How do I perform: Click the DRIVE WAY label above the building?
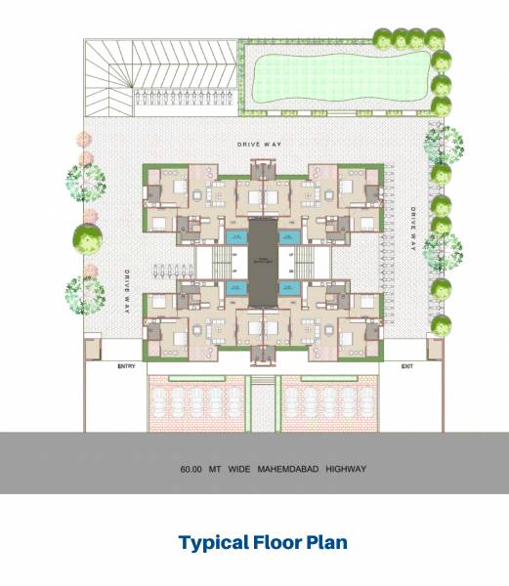259,145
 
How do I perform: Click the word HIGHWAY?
346,469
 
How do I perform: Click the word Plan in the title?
329,541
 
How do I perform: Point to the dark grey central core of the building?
261,259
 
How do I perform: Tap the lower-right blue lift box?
289,288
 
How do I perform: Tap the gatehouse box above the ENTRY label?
93,348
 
